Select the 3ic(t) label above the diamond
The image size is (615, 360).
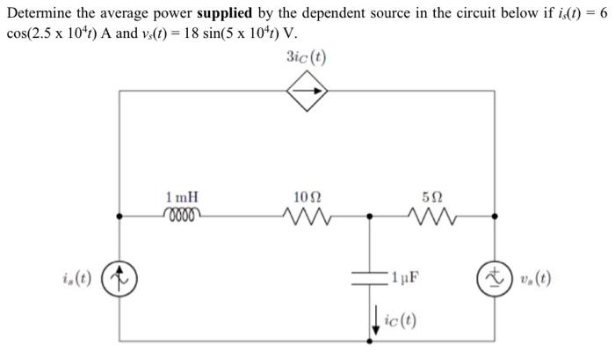point(306,58)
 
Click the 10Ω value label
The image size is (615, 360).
point(303,198)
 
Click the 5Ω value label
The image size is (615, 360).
point(428,198)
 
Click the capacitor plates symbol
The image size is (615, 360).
point(370,276)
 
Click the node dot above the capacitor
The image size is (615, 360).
point(370,214)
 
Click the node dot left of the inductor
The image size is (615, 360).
point(118,214)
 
